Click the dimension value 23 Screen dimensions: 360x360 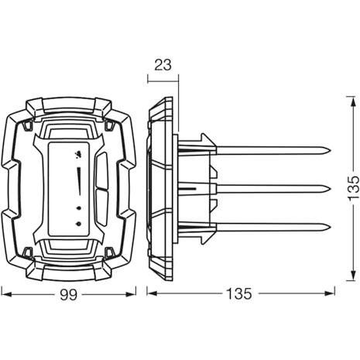(163, 65)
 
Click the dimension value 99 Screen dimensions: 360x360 (69, 295)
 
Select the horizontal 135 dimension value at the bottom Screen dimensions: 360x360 (239, 294)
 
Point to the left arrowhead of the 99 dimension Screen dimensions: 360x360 (7, 294)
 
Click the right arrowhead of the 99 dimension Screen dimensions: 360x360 (131, 294)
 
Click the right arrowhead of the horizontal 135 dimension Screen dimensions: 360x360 (329, 293)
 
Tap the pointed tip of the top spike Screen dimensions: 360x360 (331, 151)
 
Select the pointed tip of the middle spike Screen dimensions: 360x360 (331, 189)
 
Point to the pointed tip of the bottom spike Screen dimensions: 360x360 (331, 227)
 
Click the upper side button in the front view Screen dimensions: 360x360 (102, 171)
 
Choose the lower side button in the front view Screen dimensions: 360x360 (102, 208)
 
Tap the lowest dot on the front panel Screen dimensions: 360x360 (79, 224)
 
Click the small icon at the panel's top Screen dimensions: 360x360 (78, 154)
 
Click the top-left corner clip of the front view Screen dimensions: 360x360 (28, 125)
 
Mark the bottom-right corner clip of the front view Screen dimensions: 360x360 (109, 252)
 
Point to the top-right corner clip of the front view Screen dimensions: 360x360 (109, 125)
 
